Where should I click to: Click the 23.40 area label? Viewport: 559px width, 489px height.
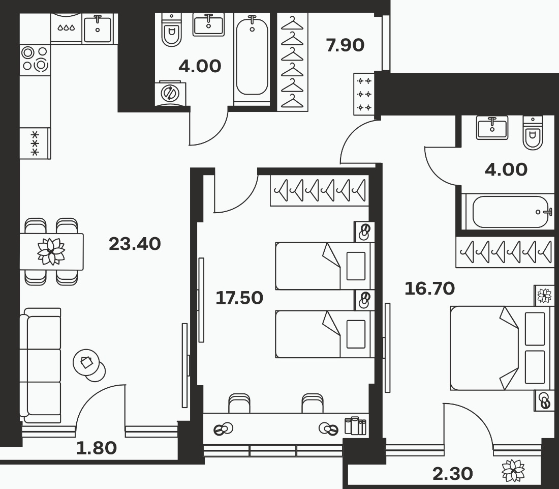[135, 244]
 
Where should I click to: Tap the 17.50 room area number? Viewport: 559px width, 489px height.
[239, 298]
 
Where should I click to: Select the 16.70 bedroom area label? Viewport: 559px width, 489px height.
[430, 289]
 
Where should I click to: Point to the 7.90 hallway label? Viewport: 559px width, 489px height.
[345, 45]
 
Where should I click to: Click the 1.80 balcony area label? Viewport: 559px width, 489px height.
[97, 448]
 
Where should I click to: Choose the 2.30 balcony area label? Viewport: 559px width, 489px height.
[453, 474]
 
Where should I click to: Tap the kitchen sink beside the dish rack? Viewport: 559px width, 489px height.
[98, 29]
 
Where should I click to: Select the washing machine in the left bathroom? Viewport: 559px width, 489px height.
[170, 93]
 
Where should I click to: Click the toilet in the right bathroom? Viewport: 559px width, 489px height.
[533, 133]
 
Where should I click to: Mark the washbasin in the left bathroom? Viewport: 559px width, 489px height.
[208, 24]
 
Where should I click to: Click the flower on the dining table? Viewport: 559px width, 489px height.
[51, 252]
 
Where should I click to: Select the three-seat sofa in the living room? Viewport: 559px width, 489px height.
[40, 365]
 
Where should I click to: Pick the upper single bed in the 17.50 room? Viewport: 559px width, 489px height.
[325, 266]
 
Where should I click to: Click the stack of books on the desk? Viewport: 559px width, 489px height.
[355, 425]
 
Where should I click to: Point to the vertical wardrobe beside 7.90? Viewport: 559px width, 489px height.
[292, 62]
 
